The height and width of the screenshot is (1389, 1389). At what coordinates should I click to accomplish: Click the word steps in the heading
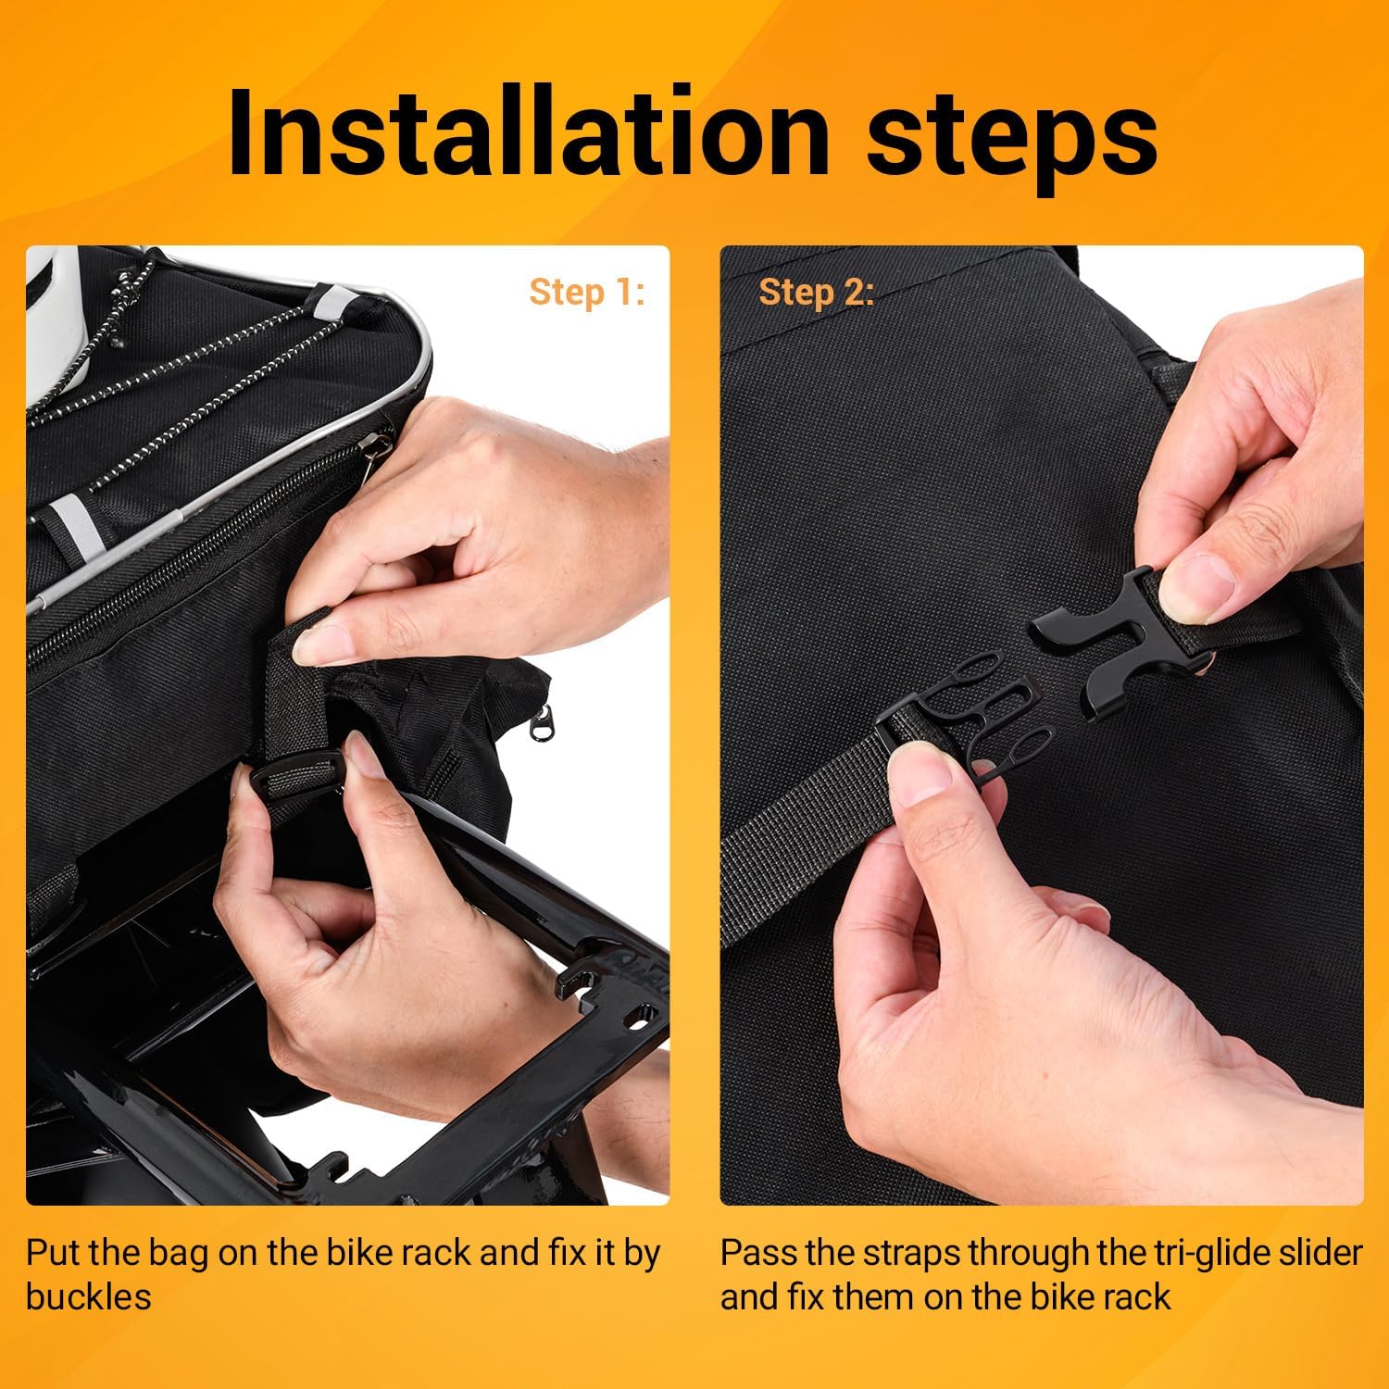point(1012,140)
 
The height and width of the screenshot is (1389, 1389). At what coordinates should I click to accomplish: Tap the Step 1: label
point(586,292)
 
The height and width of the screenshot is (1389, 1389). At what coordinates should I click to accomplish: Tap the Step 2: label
point(816,292)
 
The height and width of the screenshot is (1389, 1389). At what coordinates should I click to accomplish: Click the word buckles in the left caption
point(88,1296)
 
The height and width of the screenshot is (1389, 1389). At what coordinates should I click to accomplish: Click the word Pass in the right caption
point(760,1253)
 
